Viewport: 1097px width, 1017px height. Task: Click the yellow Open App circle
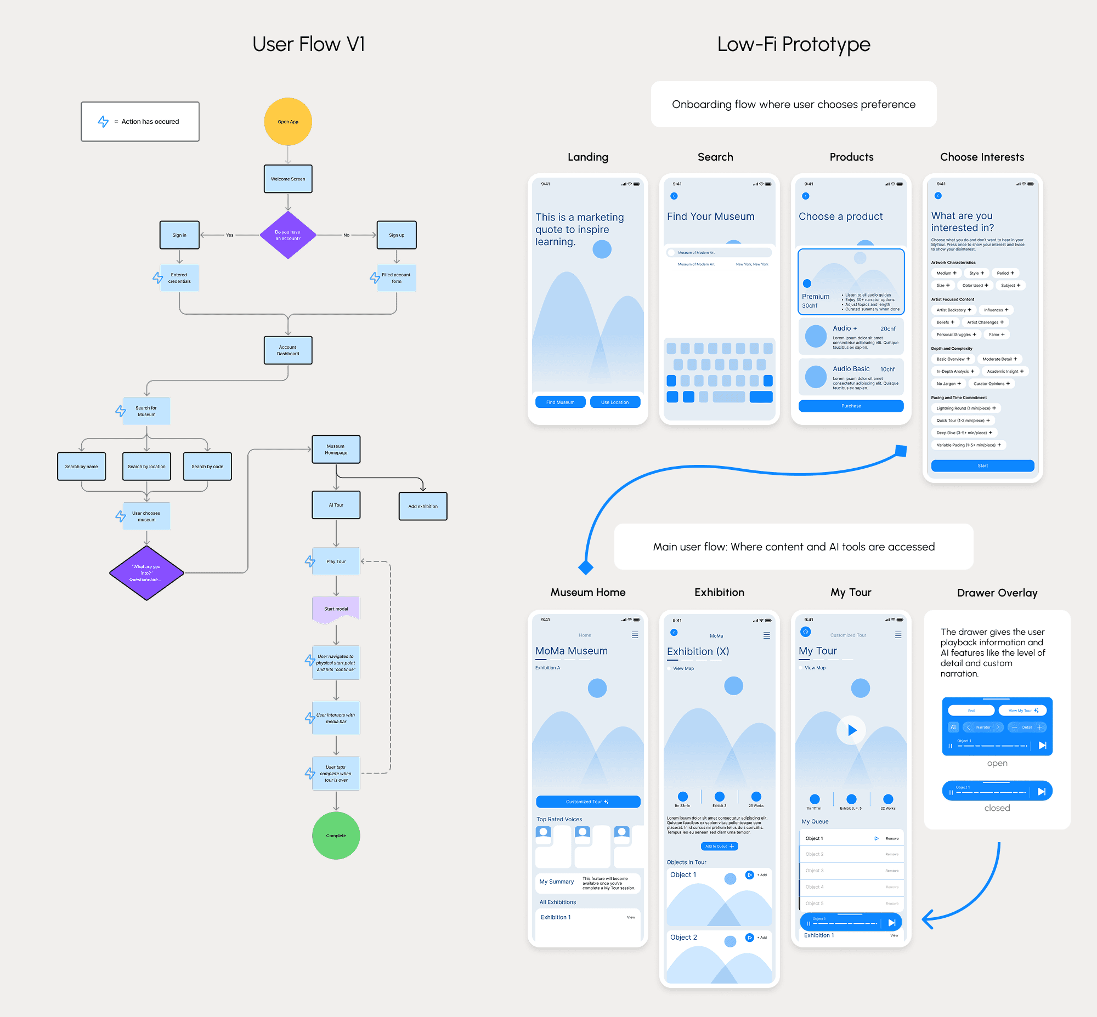click(x=287, y=122)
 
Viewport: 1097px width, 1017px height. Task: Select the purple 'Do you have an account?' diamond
click(x=287, y=235)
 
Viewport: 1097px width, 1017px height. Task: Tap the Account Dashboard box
click(x=287, y=350)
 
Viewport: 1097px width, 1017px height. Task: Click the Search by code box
click(x=207, y=466)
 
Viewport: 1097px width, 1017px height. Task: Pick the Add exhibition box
click(x=422, y=506)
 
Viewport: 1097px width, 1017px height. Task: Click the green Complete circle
click(x=335, y=836)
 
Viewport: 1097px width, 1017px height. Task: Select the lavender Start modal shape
click(x=335, y=609)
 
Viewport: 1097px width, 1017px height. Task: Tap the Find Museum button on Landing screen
click(x=559, y=402)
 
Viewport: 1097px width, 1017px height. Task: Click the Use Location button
click(x=614, y=402)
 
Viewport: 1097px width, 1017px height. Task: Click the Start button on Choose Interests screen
click(x=982, y=465)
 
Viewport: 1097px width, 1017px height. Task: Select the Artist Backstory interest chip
click(x=953, y=310)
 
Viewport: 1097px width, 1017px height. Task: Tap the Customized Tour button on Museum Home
click(x=587, y=802)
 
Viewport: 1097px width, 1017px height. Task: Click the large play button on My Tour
click(x=851, y=730)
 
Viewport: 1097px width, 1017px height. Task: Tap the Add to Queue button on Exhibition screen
click(x=719, y=846)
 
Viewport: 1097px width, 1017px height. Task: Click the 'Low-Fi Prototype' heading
click(x=793, y=44)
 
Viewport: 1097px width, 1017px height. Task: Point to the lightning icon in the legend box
click(x=103, y=122)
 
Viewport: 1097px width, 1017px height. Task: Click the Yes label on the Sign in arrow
click(x=230, y=235)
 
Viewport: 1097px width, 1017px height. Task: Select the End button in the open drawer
click(x=971, y=711)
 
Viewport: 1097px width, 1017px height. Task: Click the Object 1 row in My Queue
click(x=837, y=838)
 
